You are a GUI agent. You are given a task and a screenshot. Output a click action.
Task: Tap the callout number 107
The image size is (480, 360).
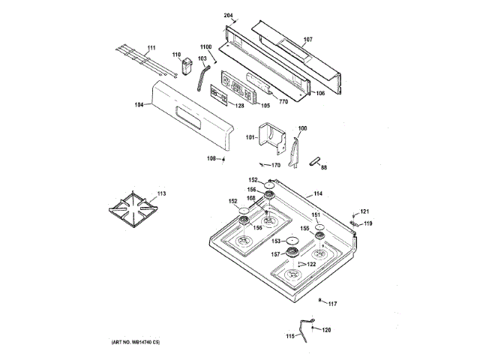point(307,39)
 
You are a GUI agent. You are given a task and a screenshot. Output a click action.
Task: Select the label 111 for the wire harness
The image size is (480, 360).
point(151,49)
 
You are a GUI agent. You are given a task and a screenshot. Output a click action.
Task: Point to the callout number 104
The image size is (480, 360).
point(139,105)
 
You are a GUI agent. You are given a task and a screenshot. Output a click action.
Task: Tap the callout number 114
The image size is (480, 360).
point(318,194)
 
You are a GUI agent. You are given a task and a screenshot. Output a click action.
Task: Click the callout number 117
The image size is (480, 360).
point(332,303)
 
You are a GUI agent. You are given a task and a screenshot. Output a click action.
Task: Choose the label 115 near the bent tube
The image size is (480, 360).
point(291,336)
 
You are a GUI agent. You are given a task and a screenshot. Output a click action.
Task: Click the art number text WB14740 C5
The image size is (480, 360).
point(142,343)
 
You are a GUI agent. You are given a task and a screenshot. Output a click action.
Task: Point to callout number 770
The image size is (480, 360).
point(283,101)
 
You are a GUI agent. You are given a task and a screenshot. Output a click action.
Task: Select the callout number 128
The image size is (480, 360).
point(239,106)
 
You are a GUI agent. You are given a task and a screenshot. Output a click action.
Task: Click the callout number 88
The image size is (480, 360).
point(324,167)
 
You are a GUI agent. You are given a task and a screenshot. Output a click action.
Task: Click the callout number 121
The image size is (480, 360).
point(365,211)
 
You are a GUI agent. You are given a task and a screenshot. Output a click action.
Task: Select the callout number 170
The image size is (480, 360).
point(275,165)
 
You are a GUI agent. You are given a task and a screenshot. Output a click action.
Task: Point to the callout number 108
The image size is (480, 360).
point(211,158)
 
